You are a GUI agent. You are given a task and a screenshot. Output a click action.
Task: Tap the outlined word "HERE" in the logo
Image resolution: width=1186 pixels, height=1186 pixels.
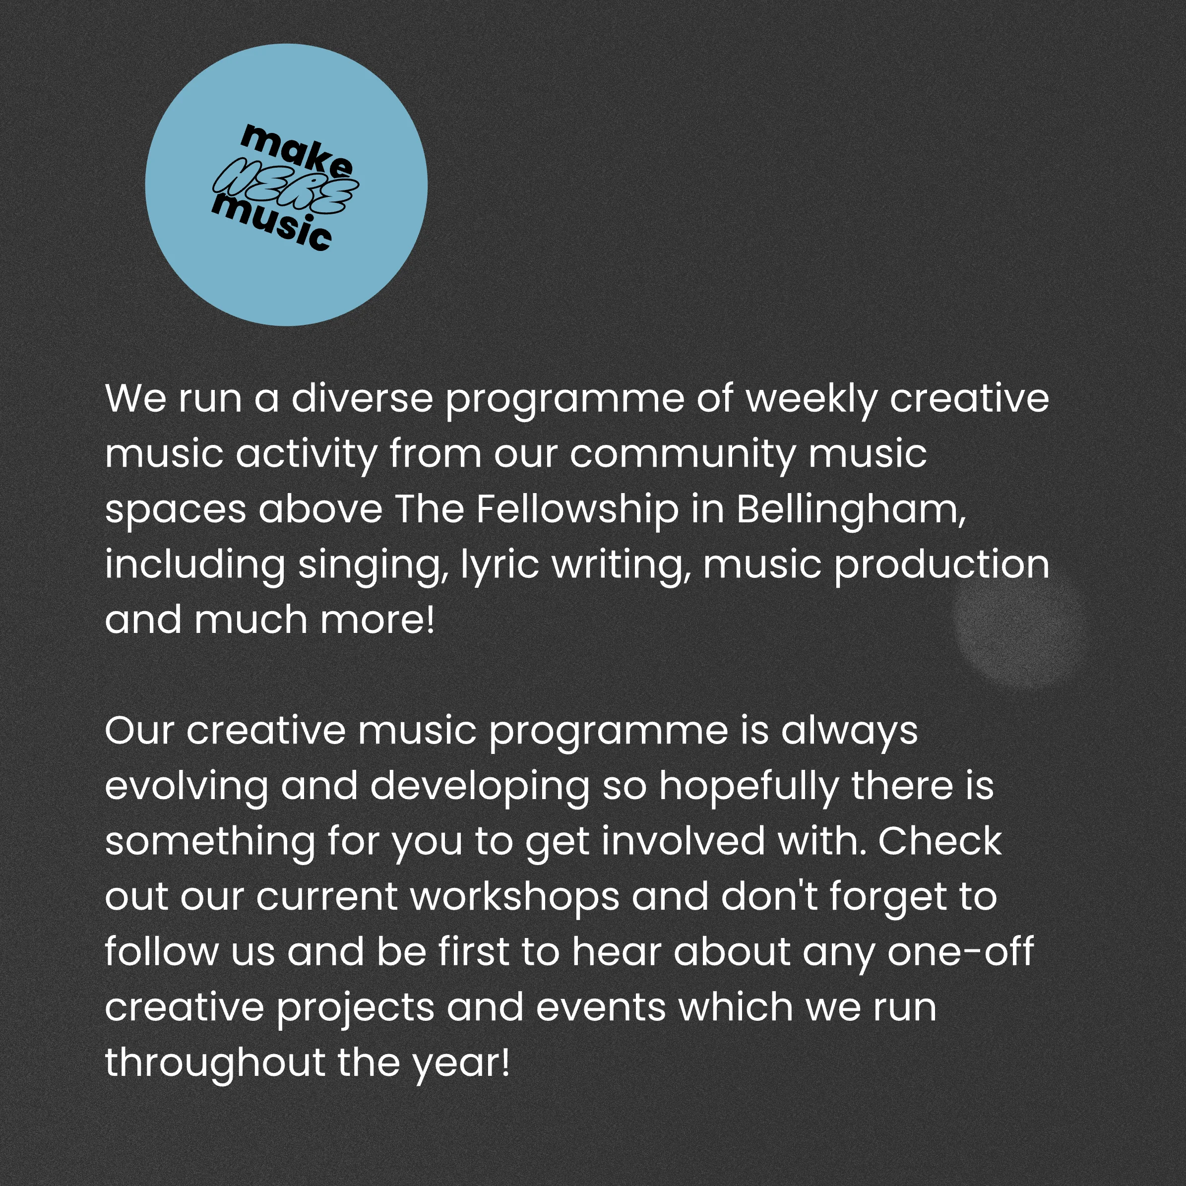pos(285,186)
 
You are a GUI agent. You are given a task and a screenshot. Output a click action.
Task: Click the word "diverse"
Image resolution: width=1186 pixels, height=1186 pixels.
pos(362,398)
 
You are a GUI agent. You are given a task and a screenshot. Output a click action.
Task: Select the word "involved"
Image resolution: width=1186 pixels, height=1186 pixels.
pos(683,840)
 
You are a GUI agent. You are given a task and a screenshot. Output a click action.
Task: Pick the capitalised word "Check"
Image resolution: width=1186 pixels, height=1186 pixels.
pos(940,840)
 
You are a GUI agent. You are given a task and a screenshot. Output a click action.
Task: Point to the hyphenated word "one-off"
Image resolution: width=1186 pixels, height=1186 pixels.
pos(961,951)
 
